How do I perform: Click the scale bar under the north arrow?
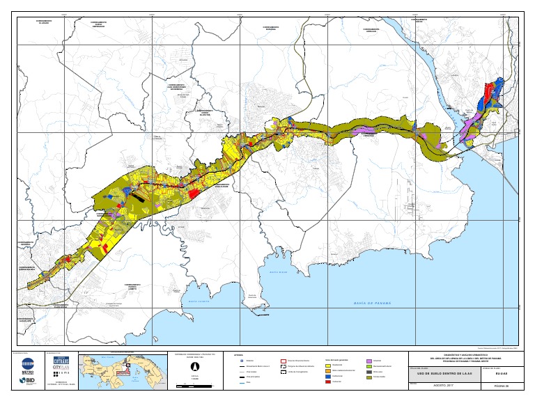click(x=194, y=382)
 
